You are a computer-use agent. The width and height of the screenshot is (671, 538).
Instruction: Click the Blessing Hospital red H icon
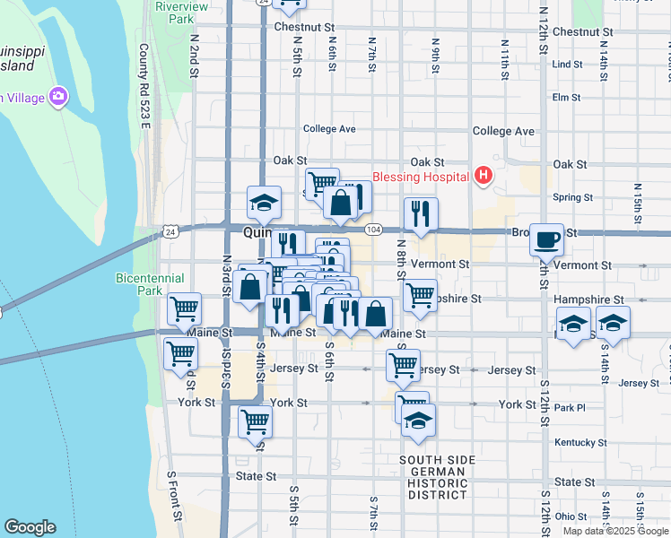pos(484,174)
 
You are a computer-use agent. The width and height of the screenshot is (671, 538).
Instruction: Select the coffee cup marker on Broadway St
pos(546,239)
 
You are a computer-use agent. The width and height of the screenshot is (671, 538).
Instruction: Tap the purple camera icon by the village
pos(59,96)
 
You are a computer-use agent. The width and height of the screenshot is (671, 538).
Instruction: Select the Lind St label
pos(567,65)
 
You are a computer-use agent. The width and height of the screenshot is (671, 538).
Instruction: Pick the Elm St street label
pos(567,97)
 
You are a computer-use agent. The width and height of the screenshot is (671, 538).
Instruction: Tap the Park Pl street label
pos(569,408)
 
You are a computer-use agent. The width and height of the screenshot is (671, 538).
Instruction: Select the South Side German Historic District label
pos(438,477)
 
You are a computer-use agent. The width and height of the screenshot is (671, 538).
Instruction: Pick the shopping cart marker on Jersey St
pos(403,365)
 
